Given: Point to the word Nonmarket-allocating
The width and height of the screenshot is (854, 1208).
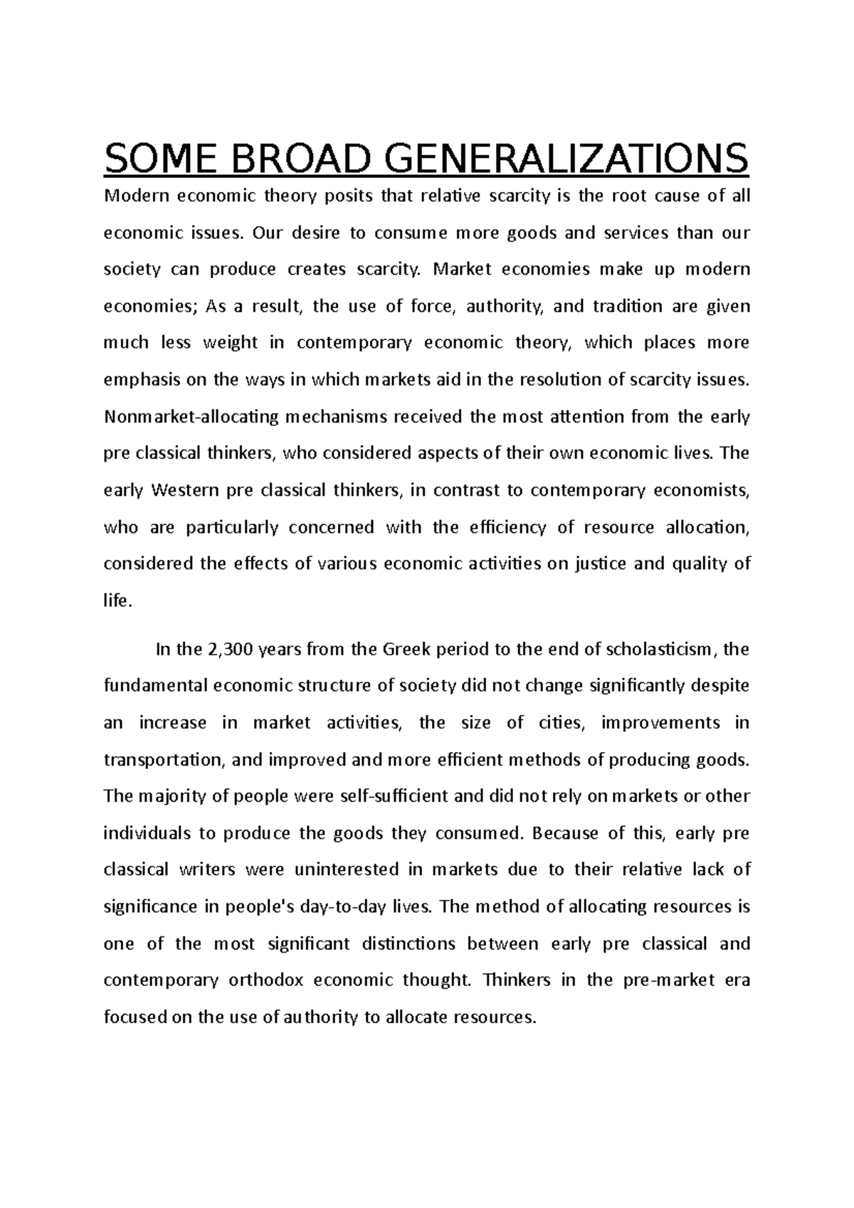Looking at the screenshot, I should click(191, 417).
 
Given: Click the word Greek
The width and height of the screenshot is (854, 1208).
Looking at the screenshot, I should click(406, 650).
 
